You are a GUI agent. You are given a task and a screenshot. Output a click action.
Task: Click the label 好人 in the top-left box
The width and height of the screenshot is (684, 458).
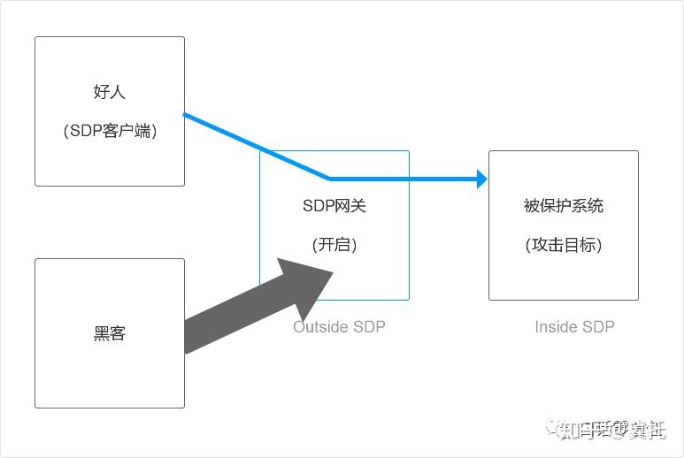pos(110,92)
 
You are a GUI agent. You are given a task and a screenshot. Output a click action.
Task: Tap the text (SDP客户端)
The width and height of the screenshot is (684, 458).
pos(110,131)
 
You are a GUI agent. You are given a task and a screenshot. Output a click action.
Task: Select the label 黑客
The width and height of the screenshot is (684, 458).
pos(110,333)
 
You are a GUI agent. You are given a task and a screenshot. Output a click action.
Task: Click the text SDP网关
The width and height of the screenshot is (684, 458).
pos(334,206)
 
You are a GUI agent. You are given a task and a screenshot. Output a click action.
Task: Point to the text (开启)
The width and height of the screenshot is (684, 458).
pos(334,245)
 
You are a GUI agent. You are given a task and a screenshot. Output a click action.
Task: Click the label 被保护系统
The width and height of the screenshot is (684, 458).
pos(563,206)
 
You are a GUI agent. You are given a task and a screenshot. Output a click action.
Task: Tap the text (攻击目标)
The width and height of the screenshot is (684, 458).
pos(563,245)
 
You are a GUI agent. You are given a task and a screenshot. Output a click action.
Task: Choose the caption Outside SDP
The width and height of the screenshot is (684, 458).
pos(339,326)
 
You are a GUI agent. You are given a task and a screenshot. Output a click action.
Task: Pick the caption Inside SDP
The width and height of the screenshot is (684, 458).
pos(574,326)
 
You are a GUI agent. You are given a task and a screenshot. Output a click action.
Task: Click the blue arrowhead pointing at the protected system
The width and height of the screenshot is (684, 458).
pos(482,179)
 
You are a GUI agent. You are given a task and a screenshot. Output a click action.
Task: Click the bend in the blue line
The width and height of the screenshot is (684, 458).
pos(329,179)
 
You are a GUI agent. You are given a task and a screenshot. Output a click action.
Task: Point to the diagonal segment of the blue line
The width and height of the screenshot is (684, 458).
pos(257,146)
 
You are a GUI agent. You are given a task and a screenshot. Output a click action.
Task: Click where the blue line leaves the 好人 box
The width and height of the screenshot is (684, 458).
pos(185,114)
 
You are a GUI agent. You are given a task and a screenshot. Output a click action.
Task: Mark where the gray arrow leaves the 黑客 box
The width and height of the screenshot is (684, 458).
pos(187,336)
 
